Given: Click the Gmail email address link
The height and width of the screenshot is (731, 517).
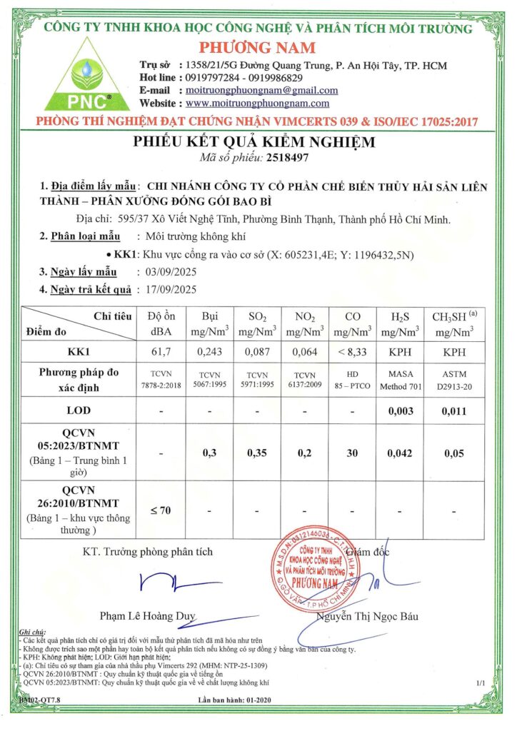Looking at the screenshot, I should [x=261, y=91].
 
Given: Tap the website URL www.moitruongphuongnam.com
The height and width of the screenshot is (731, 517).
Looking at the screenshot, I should [x=261, y=104].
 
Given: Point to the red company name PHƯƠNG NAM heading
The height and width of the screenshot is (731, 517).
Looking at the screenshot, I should [x=258, y=47].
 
